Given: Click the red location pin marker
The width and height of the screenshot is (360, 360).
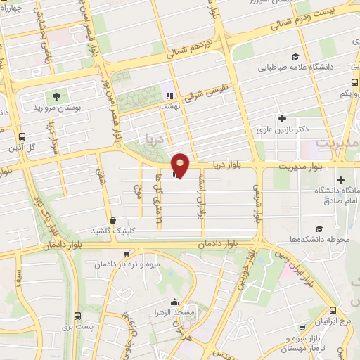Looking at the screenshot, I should point(181,165).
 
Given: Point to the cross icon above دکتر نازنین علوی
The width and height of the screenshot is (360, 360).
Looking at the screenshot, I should point(283,118).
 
